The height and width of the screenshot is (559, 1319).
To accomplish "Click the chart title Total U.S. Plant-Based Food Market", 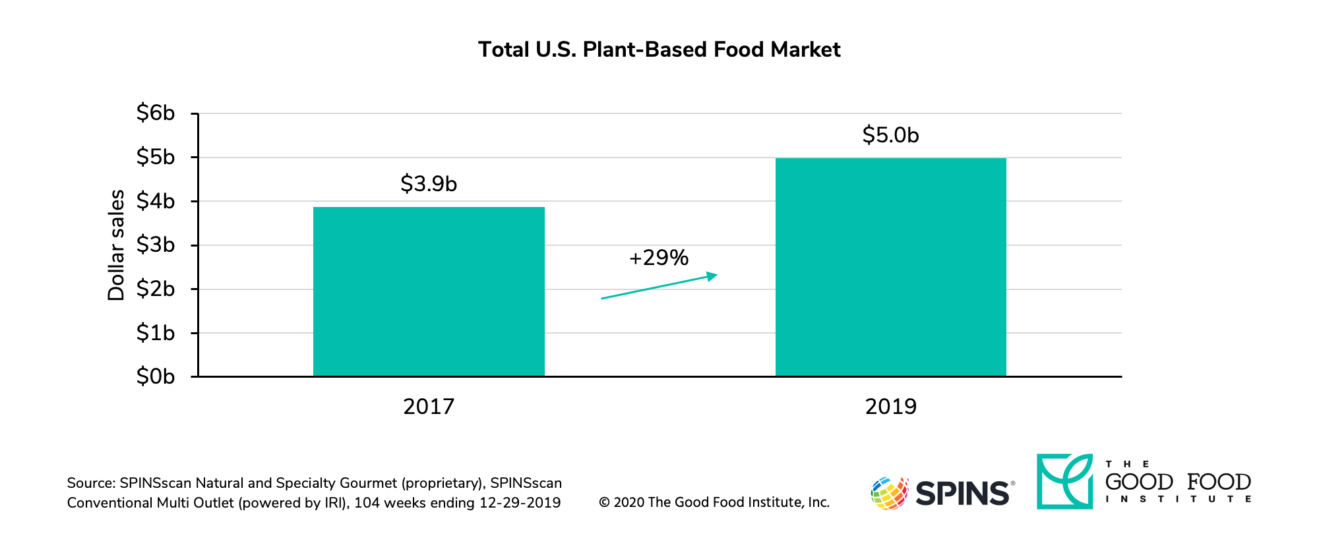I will click(659, 50).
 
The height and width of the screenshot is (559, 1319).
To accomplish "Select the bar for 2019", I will click(890, 267).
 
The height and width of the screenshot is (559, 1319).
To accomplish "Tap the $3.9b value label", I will click(429, 184).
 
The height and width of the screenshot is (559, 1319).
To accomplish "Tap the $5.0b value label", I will click(890, 135).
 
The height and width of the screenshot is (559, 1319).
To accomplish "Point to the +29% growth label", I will click(659, 258).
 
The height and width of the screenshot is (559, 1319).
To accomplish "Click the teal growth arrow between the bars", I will click(659, 286).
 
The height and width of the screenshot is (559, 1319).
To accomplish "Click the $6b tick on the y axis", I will click(156, 113).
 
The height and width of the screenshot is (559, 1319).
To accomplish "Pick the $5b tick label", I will click(156, 157).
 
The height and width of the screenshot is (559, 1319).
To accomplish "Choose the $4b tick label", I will click(156, 201).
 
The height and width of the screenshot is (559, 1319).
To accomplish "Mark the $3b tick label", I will click(156, 245).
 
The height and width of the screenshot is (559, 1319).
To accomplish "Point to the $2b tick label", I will click(156, 289).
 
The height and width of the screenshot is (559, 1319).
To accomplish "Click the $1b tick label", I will click(156, 332).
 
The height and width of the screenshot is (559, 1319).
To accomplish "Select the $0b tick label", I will click(156, 376).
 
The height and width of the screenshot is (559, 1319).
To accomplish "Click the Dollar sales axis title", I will click(116, 245).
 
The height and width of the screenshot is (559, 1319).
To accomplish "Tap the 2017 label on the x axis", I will click(429, 407).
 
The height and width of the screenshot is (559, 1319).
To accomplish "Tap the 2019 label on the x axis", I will click(890, 407).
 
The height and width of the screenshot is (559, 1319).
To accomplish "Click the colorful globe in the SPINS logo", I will click(889, 493).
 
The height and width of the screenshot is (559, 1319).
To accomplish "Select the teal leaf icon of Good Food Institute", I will click(1064, 481).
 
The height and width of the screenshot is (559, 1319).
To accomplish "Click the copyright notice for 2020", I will click(714, 502).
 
